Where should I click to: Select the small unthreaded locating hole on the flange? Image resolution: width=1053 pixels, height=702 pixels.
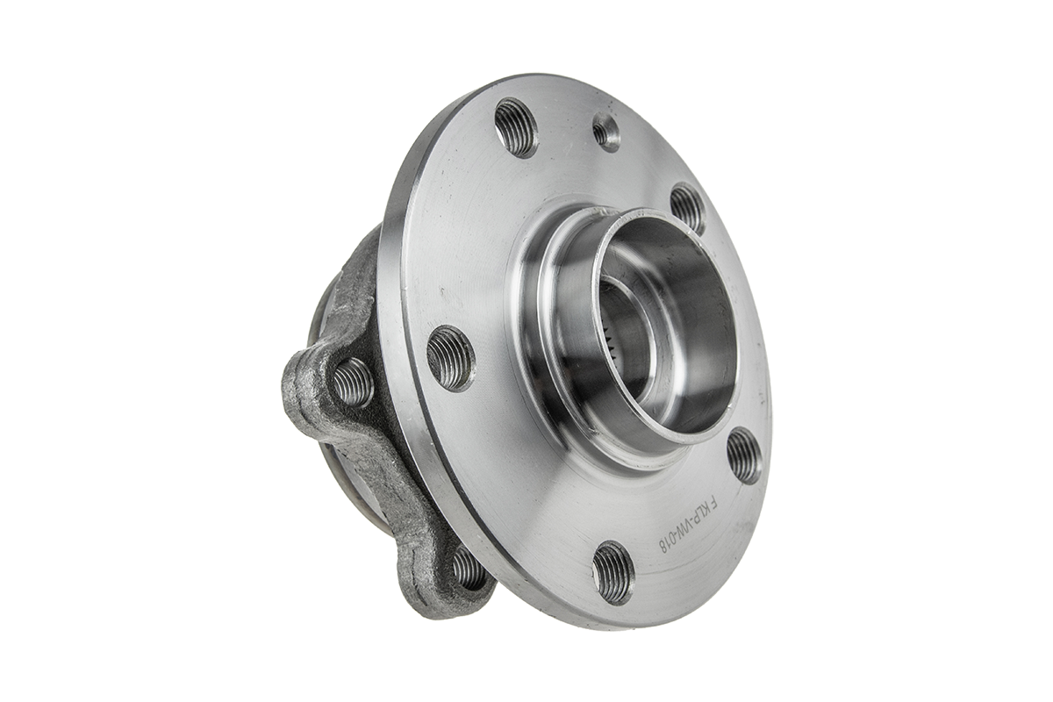click(605, 133)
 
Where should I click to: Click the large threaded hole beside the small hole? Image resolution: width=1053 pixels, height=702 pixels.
click(515, 127)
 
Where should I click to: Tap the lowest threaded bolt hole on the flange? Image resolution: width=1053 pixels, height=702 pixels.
click(612, 572)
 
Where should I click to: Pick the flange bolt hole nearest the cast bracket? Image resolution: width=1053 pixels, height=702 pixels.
click(451, 357)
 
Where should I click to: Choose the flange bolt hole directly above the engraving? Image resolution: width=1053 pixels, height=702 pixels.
click(744, 455)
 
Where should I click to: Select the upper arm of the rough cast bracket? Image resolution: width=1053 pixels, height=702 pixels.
click(355, 281)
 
